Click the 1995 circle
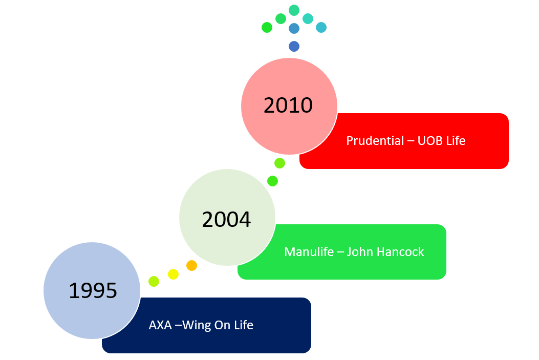(x=92, y=290)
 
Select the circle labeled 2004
(x=227, y=218)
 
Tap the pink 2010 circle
(x=289, y=105)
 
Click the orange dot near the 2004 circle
(x=191, y=265)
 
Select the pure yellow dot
(x=174, y=274)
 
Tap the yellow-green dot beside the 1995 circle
(x=154, y=281)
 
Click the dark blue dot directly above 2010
(x=294, y=47)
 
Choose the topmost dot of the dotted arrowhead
(x=294, y=10)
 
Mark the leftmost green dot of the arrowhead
(x=267, y=28)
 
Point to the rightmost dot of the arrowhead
(x=321, y=28)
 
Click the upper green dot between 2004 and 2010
(x=279, y=163)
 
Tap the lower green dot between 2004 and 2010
(x=273, y=181)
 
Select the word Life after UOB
(x=456, y=141)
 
